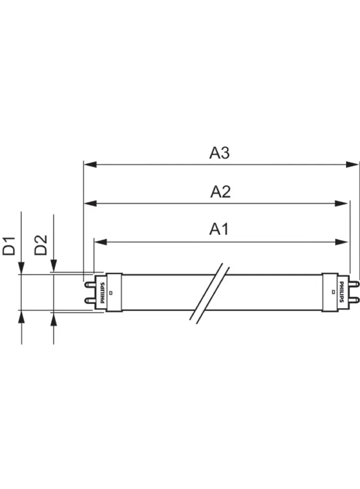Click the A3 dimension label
(219, 153)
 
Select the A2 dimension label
(220, 192)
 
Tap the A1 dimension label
(219, 229)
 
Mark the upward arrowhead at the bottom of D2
(54, 318)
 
